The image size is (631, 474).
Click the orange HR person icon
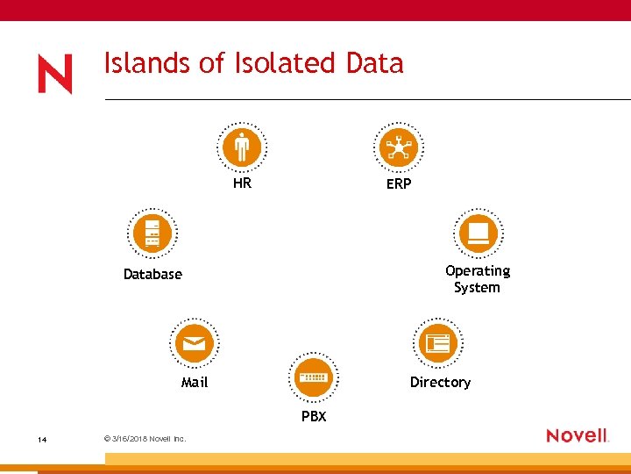[x=242, y=147]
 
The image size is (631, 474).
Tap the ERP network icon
[x=399, y=147]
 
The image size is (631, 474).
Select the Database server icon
[x=152, y=233]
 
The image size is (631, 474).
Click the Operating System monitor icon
[x=478, y=233]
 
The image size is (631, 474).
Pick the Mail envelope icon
[x=195, y=343]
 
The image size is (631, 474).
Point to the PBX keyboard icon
[x=313, y=377]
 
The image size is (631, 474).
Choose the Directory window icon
[x=437, y=343]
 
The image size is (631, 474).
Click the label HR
[x=242, y=183]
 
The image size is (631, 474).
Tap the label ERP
[x=399, y=184]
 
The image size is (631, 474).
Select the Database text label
[x=152, y=274]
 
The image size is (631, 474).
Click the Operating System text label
[x=477, y=279]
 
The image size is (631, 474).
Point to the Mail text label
[x=195, y=382]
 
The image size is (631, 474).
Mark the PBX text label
[x=314, y=416]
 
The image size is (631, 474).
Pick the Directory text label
[x=440, y=382]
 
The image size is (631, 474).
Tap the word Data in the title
[x=374, y=63]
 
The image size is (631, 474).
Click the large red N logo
[x=55, y=74]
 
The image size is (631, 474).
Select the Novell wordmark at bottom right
[x=577, y=435]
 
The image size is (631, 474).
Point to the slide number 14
[x=41, y=439]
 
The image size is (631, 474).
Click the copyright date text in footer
[x=144, y=439]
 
